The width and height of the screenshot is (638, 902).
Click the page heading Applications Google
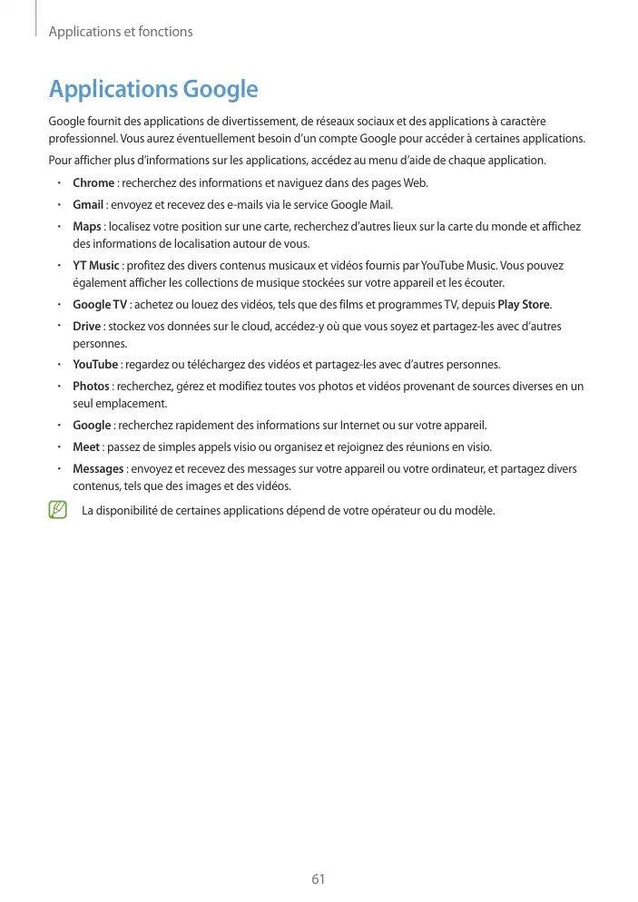[153, 90]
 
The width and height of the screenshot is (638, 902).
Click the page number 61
[318, 878]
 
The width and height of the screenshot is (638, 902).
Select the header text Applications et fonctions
[120, 32]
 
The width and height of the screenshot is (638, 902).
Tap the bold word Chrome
[93, 183]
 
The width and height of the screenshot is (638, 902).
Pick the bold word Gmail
[88, 204]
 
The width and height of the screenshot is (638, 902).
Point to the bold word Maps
[87, 226]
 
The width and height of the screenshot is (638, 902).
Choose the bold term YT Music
[96, 266]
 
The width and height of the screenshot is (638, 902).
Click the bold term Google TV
[100, 304]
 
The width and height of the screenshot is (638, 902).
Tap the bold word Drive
[87, 326]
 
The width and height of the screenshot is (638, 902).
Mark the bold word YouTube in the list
[95, 365]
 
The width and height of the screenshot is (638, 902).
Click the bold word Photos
[91, 387]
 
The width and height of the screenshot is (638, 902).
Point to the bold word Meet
[86, 446]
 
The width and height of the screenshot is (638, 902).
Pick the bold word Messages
[98, 468]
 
